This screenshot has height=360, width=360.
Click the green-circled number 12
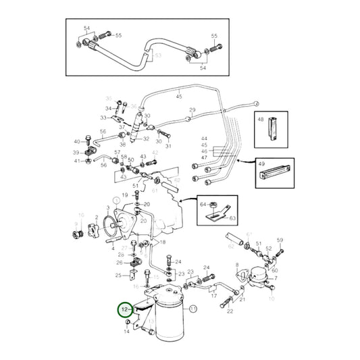coord(124,310)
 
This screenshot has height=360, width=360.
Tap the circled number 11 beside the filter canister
coord(192,309)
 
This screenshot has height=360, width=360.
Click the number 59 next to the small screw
coord(280,239)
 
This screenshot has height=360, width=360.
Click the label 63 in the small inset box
coord(234,218)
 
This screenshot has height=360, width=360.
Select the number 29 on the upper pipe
coord(192,110)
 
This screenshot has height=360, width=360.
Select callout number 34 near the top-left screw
coord(108,108)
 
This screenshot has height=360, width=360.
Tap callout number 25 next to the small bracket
coord(118,276)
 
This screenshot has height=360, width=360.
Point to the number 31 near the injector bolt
coord(169,146)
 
